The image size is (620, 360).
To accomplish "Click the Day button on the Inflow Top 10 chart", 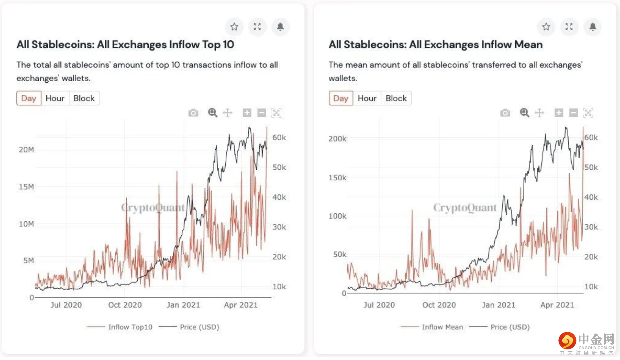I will (29, 98).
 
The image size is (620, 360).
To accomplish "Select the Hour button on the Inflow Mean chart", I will (367, 98).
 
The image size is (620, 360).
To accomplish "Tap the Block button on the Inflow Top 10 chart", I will (84, 98).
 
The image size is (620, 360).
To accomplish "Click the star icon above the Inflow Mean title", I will (546, 27).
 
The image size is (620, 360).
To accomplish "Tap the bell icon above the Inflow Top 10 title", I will (280, 27).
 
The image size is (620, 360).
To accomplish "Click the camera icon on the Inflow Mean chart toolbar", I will (505, 113).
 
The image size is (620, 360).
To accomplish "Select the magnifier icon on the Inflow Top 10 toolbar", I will (212, 113).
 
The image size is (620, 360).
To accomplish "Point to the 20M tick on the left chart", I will (26, 149).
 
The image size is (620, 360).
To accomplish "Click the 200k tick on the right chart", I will (337, 138).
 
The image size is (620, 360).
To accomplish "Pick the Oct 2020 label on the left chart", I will (125, 305).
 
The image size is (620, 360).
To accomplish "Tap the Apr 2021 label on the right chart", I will (557, 305).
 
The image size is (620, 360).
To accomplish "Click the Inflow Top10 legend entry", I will (130, 327).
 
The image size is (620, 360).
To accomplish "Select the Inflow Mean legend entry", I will (442, 327).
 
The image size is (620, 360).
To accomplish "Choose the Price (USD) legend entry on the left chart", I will (199, 327).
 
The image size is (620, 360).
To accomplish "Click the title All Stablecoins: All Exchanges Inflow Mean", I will (436, 44).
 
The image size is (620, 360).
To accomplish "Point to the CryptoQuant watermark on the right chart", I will (465, 207).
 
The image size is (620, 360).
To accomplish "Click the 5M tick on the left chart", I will (29, 260).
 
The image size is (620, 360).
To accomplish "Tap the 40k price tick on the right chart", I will (591, 197).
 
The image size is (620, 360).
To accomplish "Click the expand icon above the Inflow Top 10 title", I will (257, 27).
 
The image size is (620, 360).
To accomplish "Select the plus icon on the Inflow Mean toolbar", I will (559, 113).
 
